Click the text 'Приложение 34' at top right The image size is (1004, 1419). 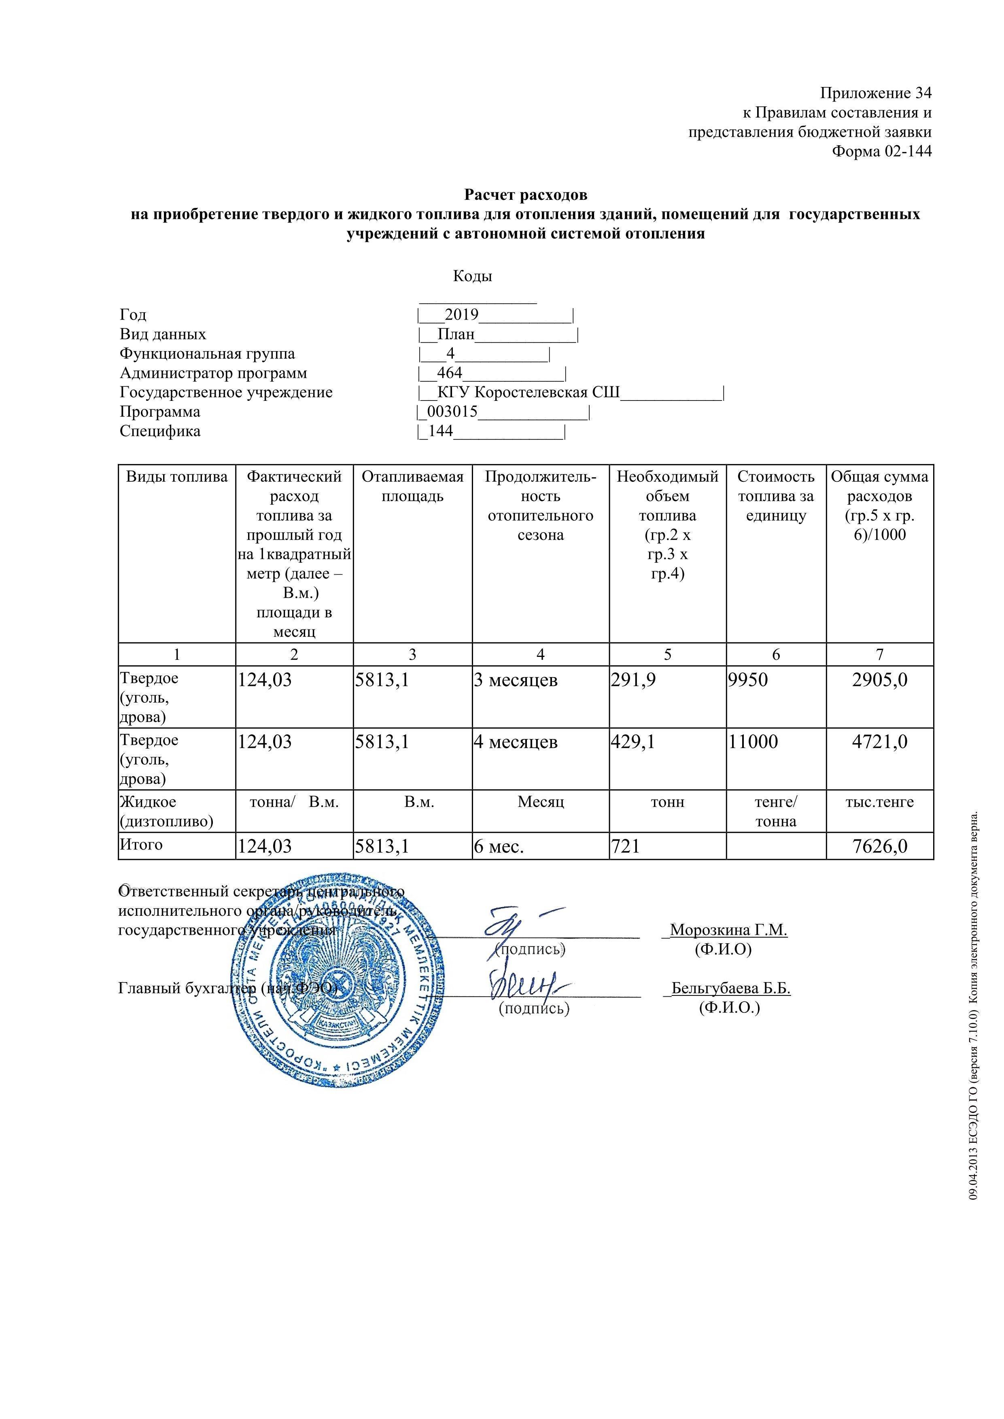tap(875, 93)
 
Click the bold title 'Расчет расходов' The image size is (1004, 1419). tap(526, 195)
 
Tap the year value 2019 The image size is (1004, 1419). tap(462, 315)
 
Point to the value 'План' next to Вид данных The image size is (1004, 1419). tap(456, 335)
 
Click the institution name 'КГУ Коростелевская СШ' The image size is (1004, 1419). tap(529, 393)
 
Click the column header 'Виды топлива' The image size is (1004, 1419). tap(177, 477)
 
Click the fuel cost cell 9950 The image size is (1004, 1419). tap(749, 680)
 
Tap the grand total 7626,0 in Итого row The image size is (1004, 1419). tap(880, 846)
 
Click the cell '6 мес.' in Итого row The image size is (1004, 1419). tap(499, 846)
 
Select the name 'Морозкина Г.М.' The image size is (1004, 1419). tap(728, 930)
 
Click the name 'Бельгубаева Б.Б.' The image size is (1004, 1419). tap(731, 988)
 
